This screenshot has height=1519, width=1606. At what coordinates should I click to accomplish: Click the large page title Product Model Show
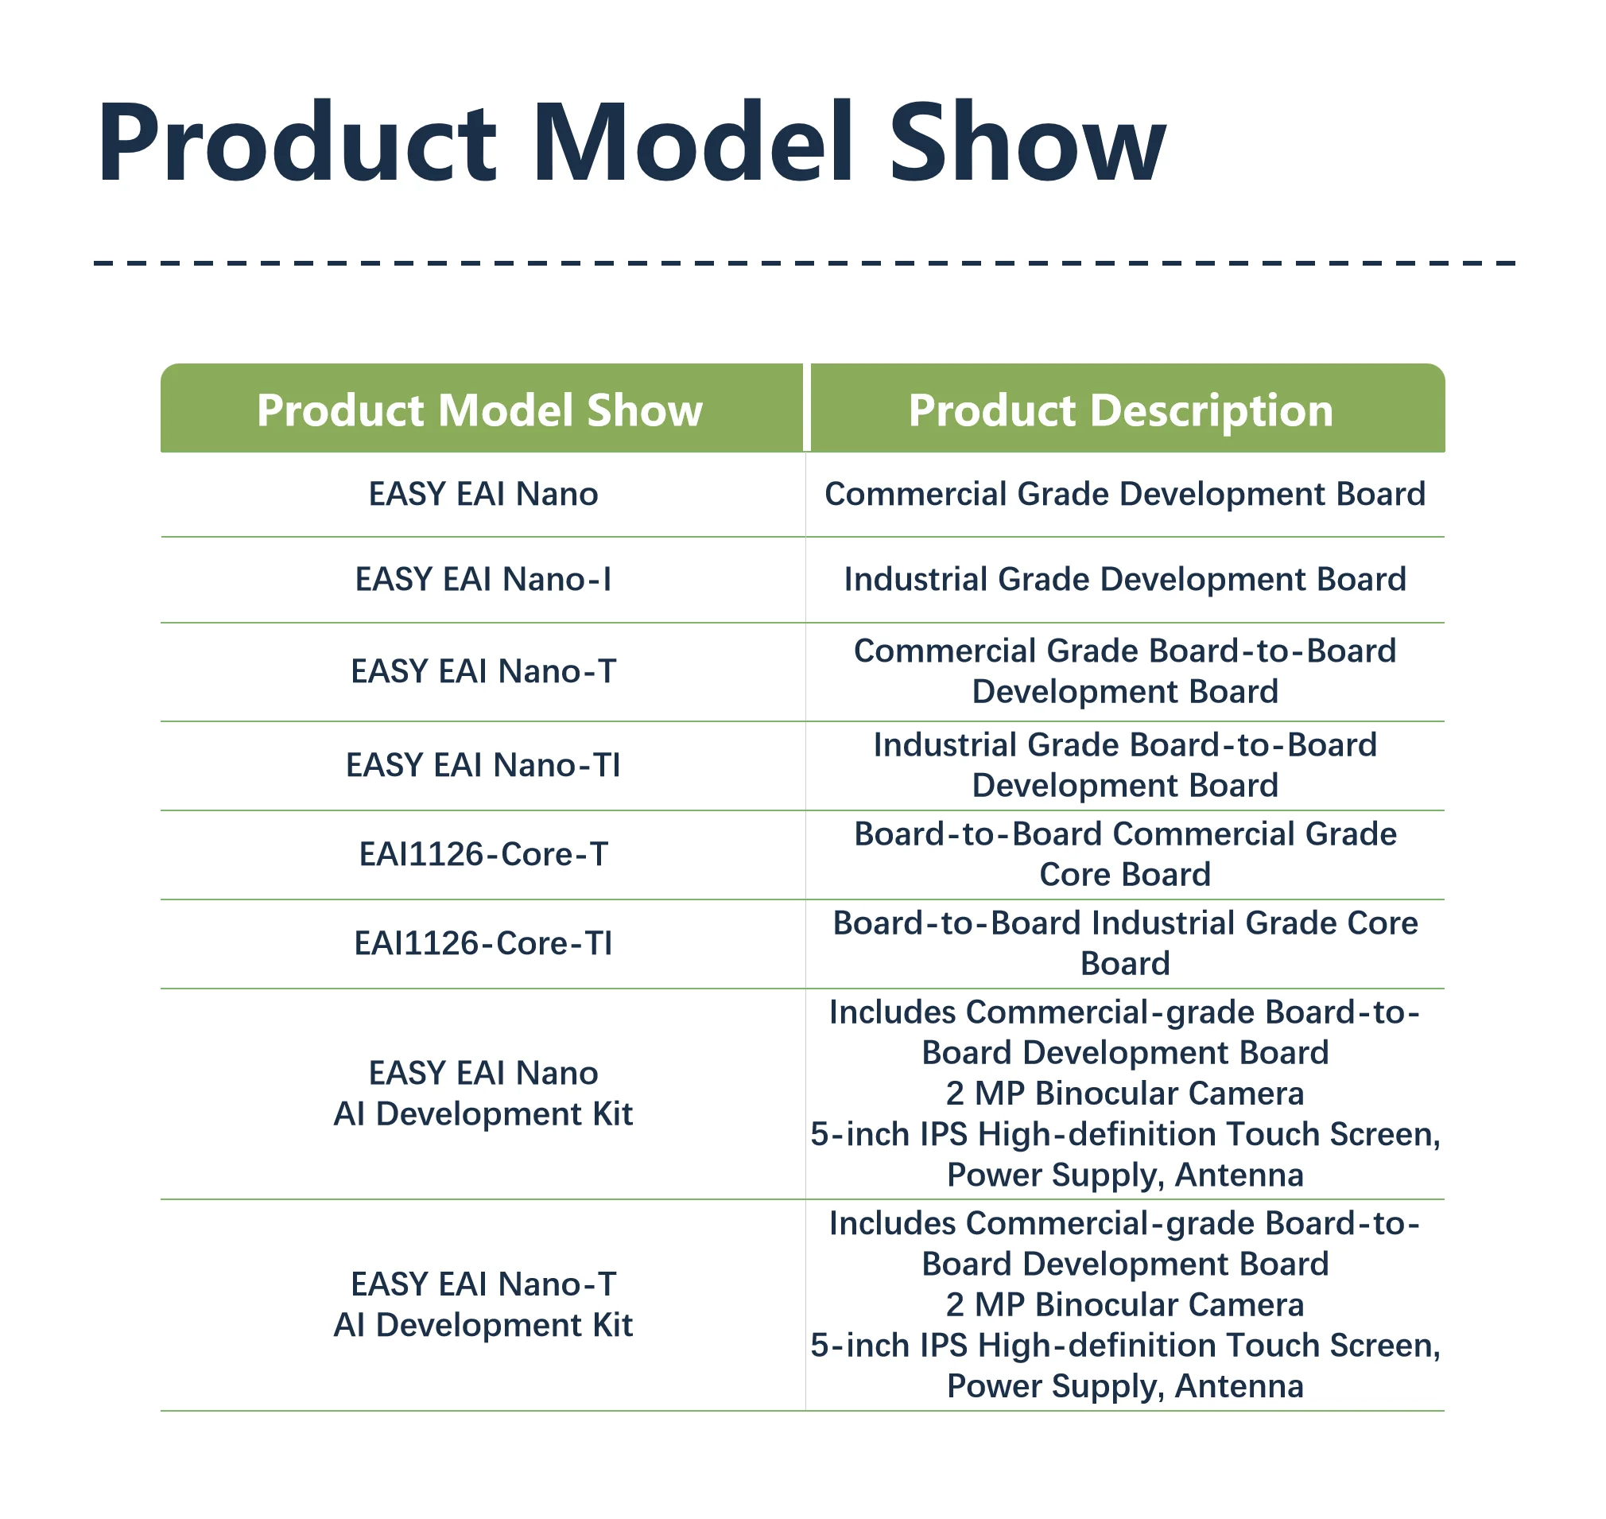click(631, 142)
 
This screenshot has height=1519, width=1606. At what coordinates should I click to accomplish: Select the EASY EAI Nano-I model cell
click(483, 579)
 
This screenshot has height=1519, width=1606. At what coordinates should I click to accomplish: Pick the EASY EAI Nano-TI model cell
click(483, 765)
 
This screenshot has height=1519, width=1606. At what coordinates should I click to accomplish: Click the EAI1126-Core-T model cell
click(483, 854)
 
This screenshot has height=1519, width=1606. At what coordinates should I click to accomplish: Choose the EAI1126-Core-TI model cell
click(483, 943)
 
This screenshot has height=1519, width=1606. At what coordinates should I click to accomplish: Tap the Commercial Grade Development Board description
click(1125, 494)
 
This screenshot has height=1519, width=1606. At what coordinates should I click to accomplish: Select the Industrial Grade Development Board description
click(1125, 579)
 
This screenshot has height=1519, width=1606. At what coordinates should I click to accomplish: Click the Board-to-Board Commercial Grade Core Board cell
click(1125, 854)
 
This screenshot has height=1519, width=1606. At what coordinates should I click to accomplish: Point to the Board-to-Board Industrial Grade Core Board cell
click(1125, 943)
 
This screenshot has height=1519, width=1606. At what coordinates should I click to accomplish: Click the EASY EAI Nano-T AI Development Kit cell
click(483, 1304)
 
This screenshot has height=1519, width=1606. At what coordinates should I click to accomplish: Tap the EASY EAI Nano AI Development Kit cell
click(483, 1093)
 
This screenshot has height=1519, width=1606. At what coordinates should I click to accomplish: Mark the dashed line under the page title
click(805, 263)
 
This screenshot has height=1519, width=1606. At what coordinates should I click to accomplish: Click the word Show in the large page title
click(1028, 142)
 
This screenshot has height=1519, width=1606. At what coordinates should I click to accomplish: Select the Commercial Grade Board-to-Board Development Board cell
click(1125, 671)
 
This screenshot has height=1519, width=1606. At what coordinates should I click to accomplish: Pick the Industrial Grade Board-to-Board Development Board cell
click(1125, 765)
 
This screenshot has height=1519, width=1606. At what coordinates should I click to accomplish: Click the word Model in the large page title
click(693, 142)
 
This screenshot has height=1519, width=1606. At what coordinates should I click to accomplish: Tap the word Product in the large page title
click(297, 142)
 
